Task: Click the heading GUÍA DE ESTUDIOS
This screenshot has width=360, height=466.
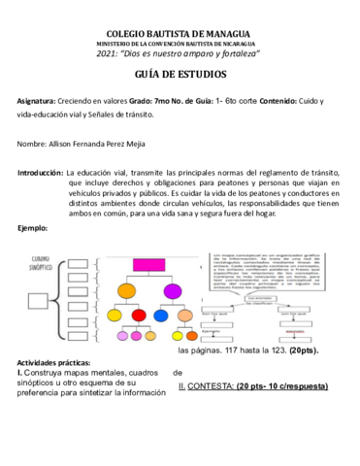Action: tap(180, 76)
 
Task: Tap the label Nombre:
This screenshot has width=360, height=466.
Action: tap(33, 143)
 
